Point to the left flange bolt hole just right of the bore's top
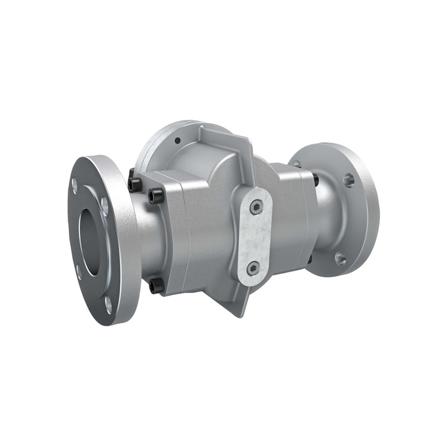tap(104, 206)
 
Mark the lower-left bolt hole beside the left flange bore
tap(79, 271)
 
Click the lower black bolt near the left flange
tap(155, 286)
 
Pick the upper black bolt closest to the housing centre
tap(154, 194)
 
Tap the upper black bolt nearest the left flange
tap(135, 184)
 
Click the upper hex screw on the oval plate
tap(256, 206)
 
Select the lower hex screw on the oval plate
tap(254, 268)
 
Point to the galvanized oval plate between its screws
tap(255, 237)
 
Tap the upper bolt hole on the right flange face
tap(349, 180)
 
